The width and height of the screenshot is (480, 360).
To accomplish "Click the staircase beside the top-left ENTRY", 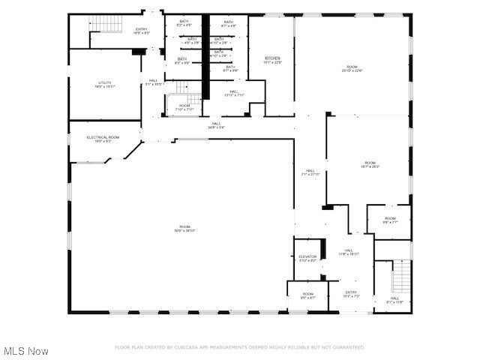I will [106, 24].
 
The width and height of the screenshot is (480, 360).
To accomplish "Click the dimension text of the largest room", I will [184, 230].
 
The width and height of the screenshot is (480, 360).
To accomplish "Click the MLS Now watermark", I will [26, 350].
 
